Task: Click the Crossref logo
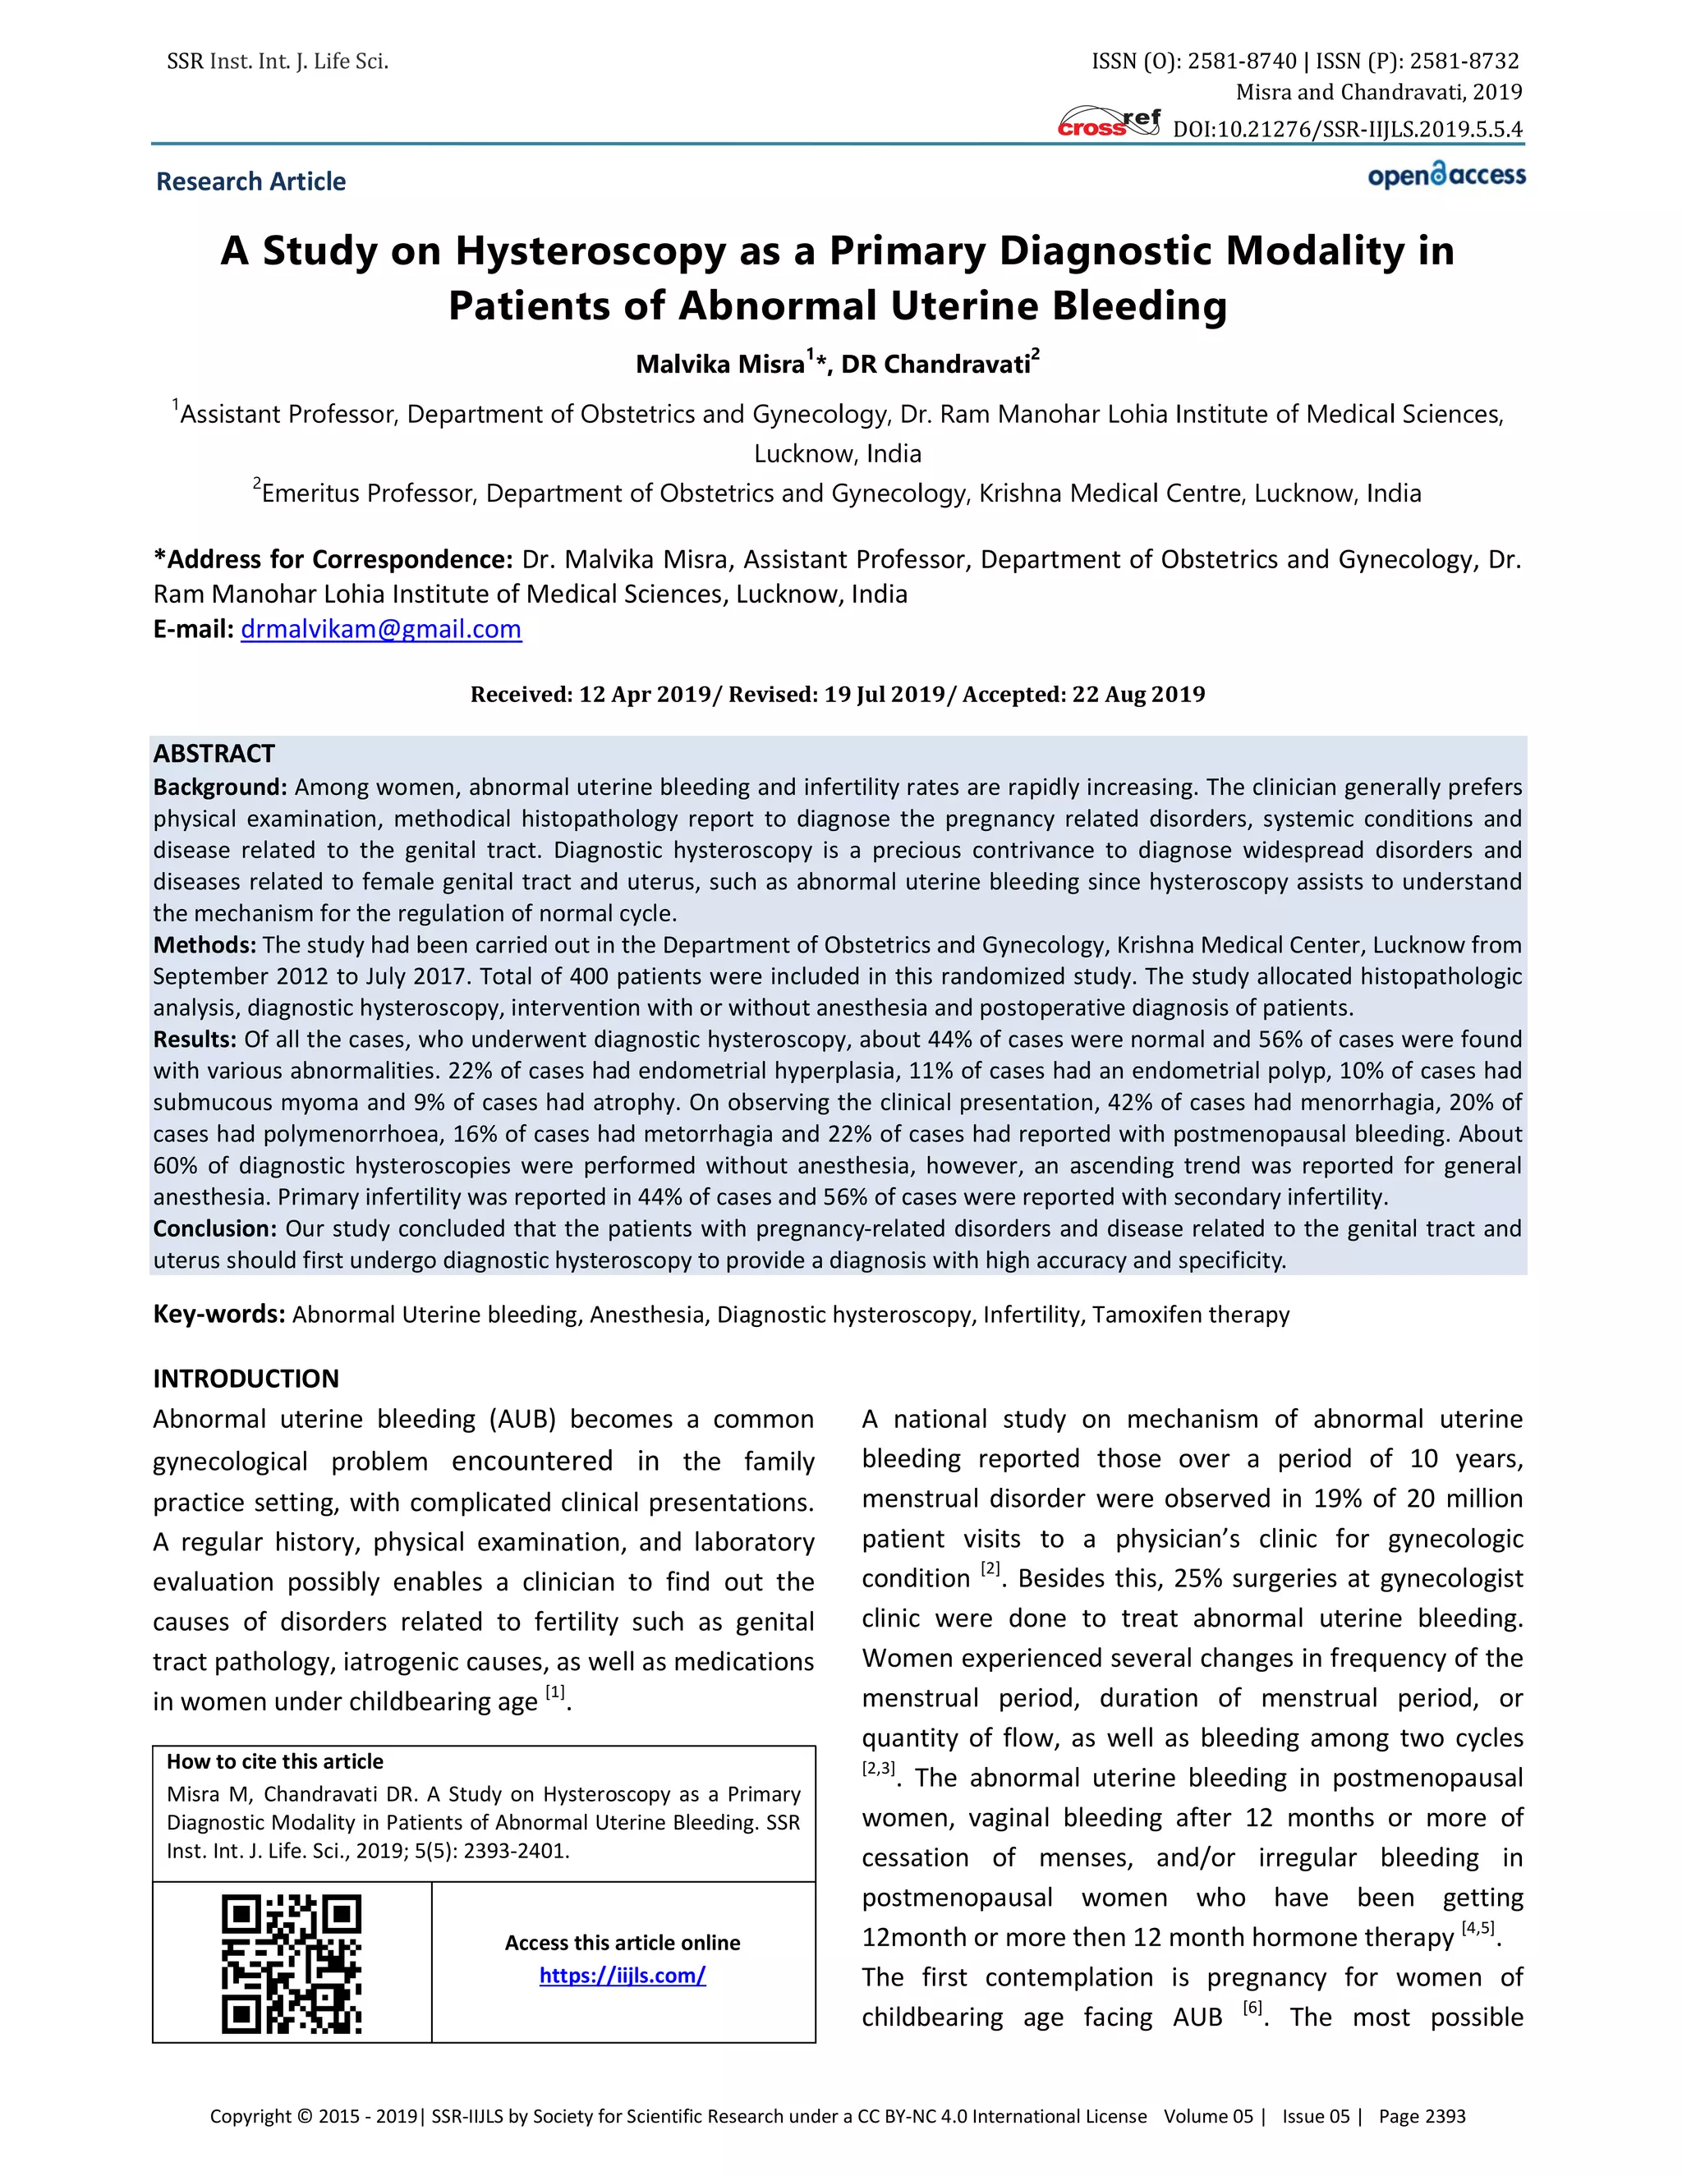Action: coord(1108,122)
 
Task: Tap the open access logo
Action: coord(1445,176)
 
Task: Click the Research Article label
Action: coord(251,181)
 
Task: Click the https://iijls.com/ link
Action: coord(622,1975)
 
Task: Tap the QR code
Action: coord(291,1963)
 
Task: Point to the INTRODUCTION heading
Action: coord(246,1378)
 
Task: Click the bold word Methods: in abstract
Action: coord(205,944)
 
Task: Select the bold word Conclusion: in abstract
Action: coord(214,1228)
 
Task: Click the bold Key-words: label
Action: coord(219,1314)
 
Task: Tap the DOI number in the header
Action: coord(1347,130)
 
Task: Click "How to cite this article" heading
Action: coord(275,1761)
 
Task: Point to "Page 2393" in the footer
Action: coord(1422,2116)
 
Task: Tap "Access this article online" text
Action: coord(622,1942)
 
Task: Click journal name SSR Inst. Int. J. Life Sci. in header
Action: coord(277,62)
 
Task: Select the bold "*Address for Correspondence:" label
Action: coord(333,559)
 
